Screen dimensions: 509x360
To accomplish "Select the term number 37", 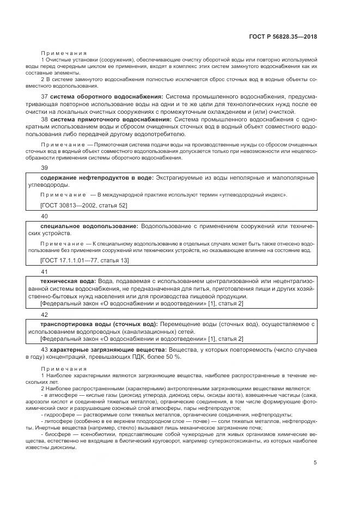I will point(44,96).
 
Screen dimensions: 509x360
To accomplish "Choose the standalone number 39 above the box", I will point(45,168).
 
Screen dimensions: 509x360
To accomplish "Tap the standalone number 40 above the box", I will point(45,216).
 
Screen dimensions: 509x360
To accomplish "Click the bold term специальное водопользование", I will point(89,226).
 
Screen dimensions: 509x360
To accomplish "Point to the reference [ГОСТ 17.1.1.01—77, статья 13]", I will point(84,261).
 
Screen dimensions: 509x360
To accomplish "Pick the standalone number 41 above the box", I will point(45,271).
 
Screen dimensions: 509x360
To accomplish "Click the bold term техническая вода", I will point(68,281).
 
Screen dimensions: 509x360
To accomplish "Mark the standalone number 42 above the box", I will point(45,315).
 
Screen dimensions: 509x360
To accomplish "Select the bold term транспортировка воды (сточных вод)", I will point(99,324).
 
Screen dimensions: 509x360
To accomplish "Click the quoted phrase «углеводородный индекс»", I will point(254,194).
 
